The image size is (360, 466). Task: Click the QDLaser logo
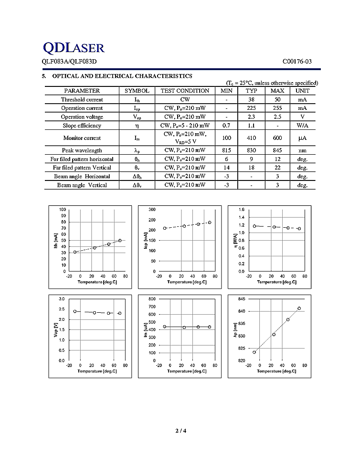[74, 47]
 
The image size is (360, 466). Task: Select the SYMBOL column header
[137, 91]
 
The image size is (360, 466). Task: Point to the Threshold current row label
[82, 99]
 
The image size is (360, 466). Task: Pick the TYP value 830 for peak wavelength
[251, 150]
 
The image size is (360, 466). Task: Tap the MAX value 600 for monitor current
[277, 138]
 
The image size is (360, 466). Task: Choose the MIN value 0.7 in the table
[226, 126]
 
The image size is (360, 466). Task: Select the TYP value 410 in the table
[251, 138]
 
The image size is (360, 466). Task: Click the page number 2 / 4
[180, 432]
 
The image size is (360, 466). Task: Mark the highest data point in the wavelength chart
[299, 308]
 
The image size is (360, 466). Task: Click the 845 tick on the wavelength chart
[241, 299]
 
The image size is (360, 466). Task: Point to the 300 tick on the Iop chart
[152, 210]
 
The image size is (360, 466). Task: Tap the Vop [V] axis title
[55, 329]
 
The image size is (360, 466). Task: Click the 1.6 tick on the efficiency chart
[241, 210]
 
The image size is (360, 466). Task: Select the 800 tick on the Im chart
[152, 299]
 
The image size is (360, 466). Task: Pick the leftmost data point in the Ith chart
[75, 252]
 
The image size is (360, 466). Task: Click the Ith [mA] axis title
[55, 240]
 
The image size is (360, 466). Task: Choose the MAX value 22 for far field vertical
[277, 168]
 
